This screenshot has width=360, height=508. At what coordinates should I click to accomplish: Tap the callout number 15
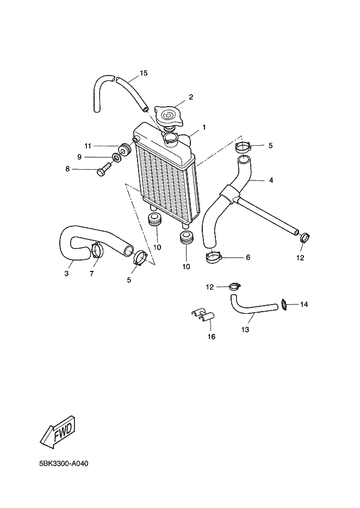pyautogui.click(x=144, y=73)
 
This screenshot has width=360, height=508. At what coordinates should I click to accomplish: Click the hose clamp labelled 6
pyautogui.click(x=214, y=256)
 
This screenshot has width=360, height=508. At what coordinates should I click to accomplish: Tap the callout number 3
pyautogui.click(x=66, y=274)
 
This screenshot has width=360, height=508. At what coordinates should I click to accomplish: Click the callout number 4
pyautogui.click(x=270, y=179)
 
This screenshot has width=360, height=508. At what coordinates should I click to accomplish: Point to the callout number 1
pyautogui.click(x=204, y=127)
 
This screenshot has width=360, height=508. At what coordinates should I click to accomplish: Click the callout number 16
pyautogui.click(x=211, y=337)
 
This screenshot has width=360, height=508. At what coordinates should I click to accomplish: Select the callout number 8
pyautogui.click(x=67, y=169)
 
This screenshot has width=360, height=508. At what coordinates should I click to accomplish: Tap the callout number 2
pyautogui.click(x=191, y=98)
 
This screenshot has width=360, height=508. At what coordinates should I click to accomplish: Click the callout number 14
pyautogui.click(x=304, y=305)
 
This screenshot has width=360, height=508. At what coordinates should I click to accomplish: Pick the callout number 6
pyautogui.click(x=247, y=257)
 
